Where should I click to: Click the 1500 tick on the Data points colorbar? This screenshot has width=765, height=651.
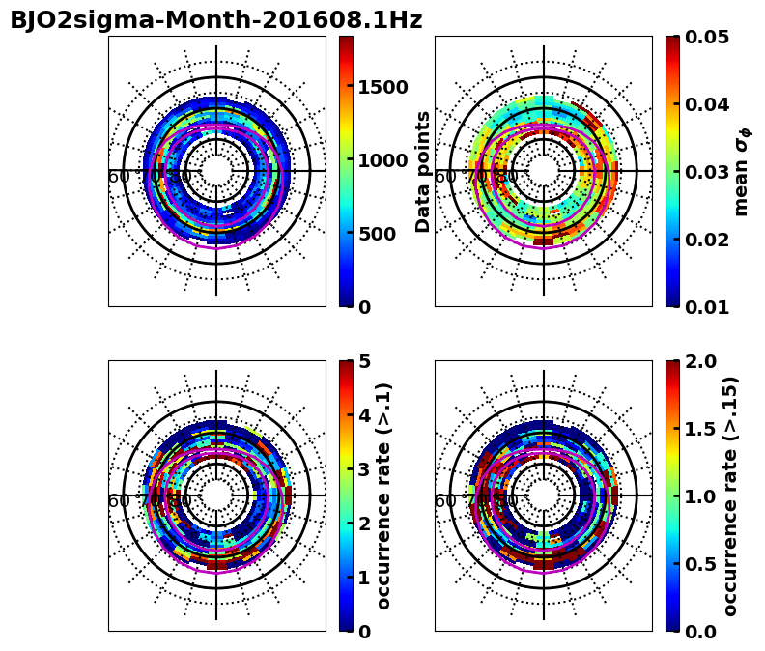pos(382,87)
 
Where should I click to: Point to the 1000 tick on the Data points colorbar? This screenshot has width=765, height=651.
pos(382,160)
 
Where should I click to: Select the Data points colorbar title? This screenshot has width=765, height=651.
pos(423,171)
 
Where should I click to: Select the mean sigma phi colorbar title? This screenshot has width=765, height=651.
pos(742,171)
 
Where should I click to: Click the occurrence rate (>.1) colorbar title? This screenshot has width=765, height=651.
pos(384,495)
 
